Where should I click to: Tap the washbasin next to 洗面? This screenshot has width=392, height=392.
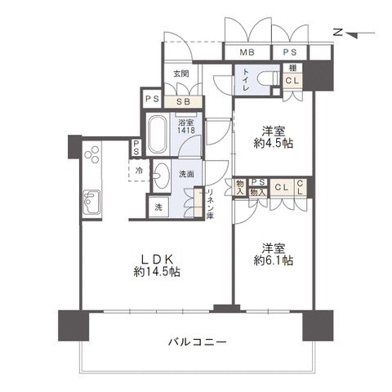point(163,174)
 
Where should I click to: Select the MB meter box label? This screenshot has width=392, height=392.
point(246,52)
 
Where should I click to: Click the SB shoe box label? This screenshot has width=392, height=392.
point(184,100)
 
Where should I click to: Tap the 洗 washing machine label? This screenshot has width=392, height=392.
point(158,207)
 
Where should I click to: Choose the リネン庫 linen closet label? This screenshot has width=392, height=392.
point(209,203)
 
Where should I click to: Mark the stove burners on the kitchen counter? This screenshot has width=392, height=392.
point(91,155)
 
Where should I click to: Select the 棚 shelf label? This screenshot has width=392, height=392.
point(292,68)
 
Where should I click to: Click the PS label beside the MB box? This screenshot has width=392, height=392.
point(289,52)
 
